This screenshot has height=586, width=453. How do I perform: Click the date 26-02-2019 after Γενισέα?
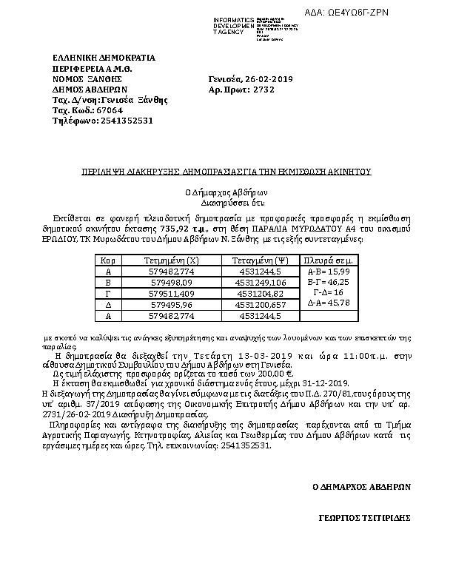[x=271, y=78]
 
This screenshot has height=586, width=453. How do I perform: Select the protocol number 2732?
[x=263, y=89]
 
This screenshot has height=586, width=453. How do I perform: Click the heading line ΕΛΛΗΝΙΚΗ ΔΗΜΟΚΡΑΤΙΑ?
[x=104, y=58]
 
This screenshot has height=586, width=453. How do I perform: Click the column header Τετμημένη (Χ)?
[x=170, y=261]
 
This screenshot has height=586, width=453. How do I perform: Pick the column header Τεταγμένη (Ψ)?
[x=260, y=261]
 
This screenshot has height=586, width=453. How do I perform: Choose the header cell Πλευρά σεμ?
[x=328, y=261]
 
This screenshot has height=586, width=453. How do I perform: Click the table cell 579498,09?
[x=171, y=283]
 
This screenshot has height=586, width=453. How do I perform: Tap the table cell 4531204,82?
[x=260, y=293]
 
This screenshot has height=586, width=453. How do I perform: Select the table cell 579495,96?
[x=171, y=304]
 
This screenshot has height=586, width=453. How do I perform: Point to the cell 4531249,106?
[x=260, y=283]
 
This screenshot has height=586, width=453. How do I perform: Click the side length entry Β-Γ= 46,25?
[x=328, y=283]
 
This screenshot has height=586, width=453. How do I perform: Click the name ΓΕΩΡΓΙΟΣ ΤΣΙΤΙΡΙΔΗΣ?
[x=366, y=519]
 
